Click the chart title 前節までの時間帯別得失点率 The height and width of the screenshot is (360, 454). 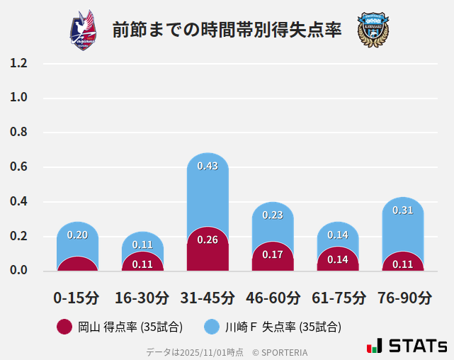click(227, 30)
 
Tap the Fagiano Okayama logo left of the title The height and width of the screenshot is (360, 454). click(84, 30)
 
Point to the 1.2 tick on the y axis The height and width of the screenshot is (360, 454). click(18, 63)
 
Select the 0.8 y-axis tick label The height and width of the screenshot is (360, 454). click(18, 133)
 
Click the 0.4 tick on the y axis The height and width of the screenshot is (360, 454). click(18, 202)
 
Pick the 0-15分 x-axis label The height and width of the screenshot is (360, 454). click(77, 297)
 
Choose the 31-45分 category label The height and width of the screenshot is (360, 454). click(208, 297)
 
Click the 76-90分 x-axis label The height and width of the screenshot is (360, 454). click(403, 297)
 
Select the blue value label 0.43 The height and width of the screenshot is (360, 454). click(208, 166)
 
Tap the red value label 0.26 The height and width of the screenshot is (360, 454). click(208, 240)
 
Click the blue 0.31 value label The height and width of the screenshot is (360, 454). click(403, 210)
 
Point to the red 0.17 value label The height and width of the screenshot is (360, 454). click(273, 254)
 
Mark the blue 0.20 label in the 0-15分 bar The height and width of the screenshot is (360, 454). click(77, 235)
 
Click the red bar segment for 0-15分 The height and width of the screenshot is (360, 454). click(77, 264)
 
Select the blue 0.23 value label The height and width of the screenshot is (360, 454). click(273, 215)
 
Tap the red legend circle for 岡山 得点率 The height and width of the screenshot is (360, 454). click(64, 327)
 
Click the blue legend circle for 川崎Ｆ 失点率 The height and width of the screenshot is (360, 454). click(212, 327)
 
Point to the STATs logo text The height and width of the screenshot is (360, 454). click(418, 347)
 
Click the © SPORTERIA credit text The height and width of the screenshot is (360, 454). click(280, 352)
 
